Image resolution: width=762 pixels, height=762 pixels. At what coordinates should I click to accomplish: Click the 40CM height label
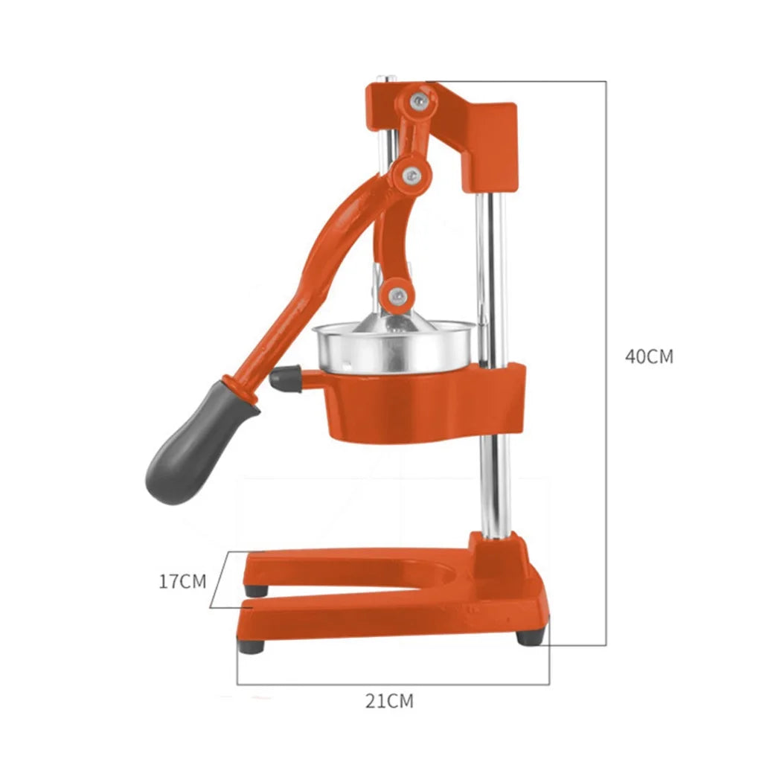pos(649,356)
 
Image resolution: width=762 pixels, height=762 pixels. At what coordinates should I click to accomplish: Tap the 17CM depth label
pos(182,581)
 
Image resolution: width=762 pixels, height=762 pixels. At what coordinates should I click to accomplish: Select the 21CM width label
pos(389,700)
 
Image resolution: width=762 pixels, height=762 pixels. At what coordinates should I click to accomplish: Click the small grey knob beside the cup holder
pos(285,380)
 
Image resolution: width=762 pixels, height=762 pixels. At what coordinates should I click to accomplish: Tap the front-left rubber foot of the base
pos(252,644)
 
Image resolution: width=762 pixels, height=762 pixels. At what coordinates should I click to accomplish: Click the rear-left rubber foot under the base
pos(257,590)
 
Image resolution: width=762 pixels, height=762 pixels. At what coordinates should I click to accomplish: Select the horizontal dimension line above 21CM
pos(393,684)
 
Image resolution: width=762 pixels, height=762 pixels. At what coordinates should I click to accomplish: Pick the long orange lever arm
pos(298,283)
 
